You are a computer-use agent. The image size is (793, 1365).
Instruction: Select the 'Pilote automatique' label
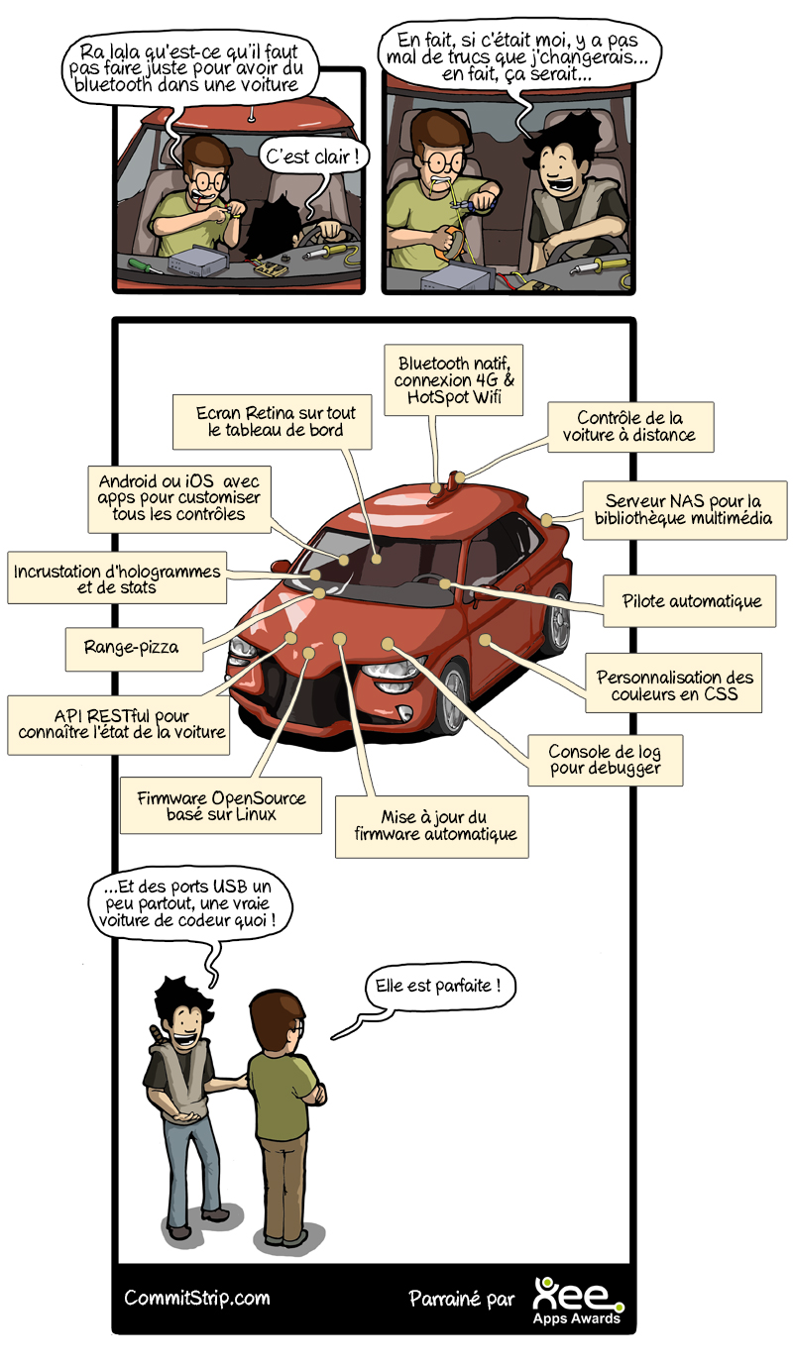pyautogui.click(x=692, y=601)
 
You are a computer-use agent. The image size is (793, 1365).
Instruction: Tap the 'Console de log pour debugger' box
pyautogui.click(x=605, y=758)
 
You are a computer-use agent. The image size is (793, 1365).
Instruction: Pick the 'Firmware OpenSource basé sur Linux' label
pyautogui.click(x=223, y=805)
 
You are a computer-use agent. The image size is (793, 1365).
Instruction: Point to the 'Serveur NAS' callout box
pyautogui.click(x=683, y=509)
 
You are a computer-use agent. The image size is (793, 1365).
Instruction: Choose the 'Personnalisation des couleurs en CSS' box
pyautogui.click(x=675, y=685)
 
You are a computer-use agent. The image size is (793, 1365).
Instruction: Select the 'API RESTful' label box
pyautogui.click(x=122, y=723)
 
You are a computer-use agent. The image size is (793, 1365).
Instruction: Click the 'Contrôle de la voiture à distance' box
pyautogui.click(x=628, y=426)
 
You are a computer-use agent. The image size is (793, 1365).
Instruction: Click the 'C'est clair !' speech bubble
pyautogui.click(x=311, y=157)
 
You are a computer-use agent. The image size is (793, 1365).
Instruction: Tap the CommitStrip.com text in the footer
pyautogui.click(x=196, y=1298)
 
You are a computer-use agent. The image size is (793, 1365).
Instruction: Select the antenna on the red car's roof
pyautogui.click(x=437, y=489)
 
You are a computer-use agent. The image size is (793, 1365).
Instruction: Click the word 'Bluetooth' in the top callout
pyautogui.click(x=434, y=364)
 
